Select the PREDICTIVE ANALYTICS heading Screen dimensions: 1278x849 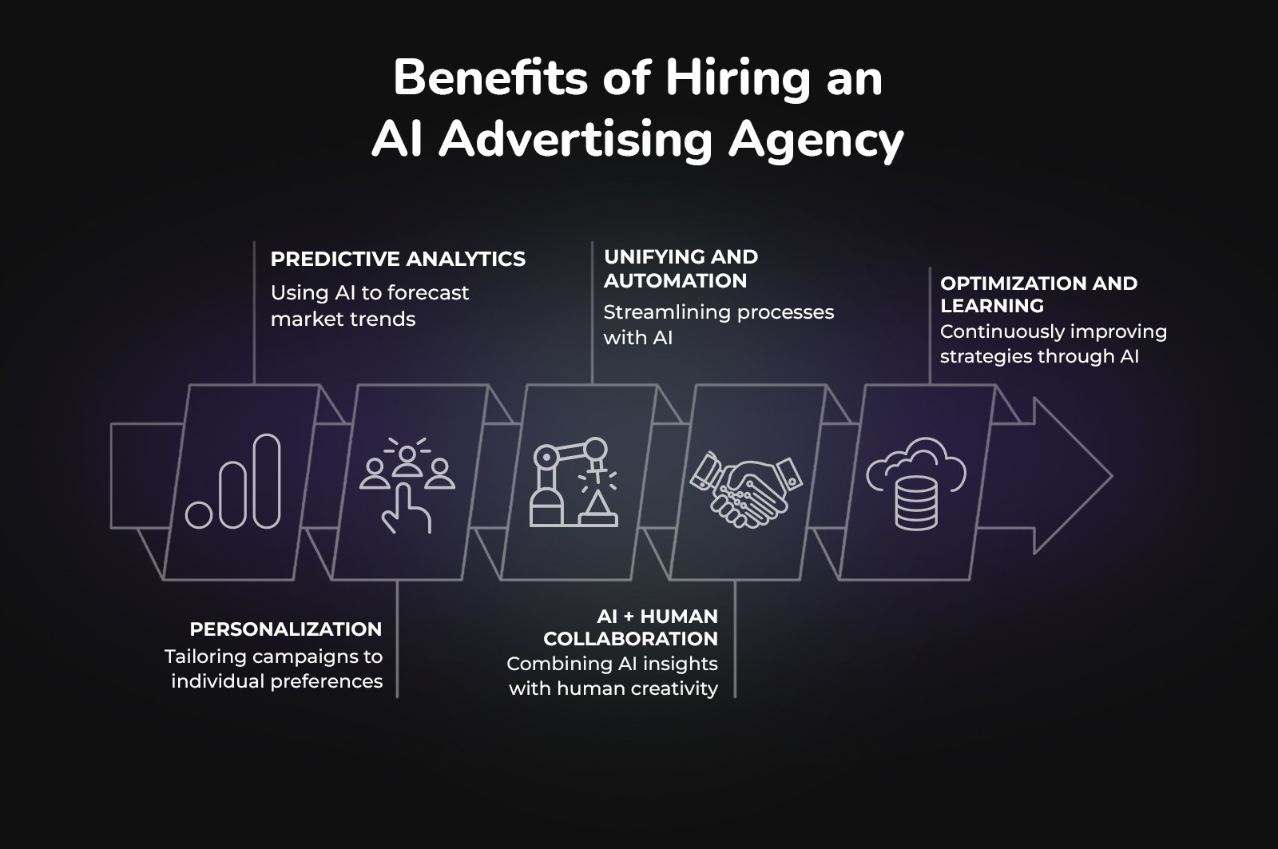click(x=398, y=259)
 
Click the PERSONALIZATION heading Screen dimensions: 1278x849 click(x=285, y=629)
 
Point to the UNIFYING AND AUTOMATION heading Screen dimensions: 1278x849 click(x=681, y=268)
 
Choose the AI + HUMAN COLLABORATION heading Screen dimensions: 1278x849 click(x=631, y=627)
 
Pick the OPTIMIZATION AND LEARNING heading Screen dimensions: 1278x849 click(x=1038, y=294)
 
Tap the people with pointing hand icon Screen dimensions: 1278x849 click(x=407, y=484)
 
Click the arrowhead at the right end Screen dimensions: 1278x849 click(x=1070, y=476)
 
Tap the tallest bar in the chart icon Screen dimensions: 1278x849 click(x=267, y=481)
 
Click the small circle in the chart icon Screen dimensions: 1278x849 click(x=199, y=514)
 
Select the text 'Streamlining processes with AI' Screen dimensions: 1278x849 click(x=718, y=324)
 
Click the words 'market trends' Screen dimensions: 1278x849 click(x=343, y=319)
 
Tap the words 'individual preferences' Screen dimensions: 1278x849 click(x=276, y=681)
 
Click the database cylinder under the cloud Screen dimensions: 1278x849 click(x=916, y=502)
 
